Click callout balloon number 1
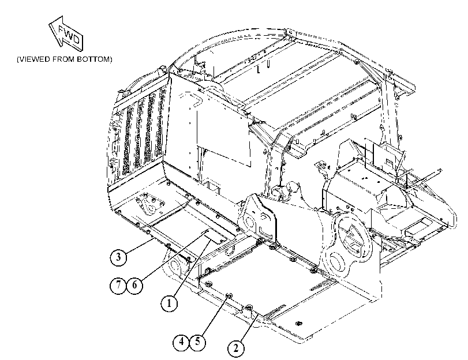tap(169, 303)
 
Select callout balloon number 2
tap(236, 348)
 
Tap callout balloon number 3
tap(118, 257)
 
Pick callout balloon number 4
tap(181, 342)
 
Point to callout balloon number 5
tap(197, 342)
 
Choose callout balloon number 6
tap(134, 285)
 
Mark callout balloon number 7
tap(118, 285)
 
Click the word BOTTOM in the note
tap(94, 59)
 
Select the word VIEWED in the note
tap(33, 59)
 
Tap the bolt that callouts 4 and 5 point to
tap(230, 295)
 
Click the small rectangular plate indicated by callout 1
tap(214, 235)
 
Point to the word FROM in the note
tap(64, 59)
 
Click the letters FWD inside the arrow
tap(69, 34)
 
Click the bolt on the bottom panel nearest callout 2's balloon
tap(249, 307)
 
